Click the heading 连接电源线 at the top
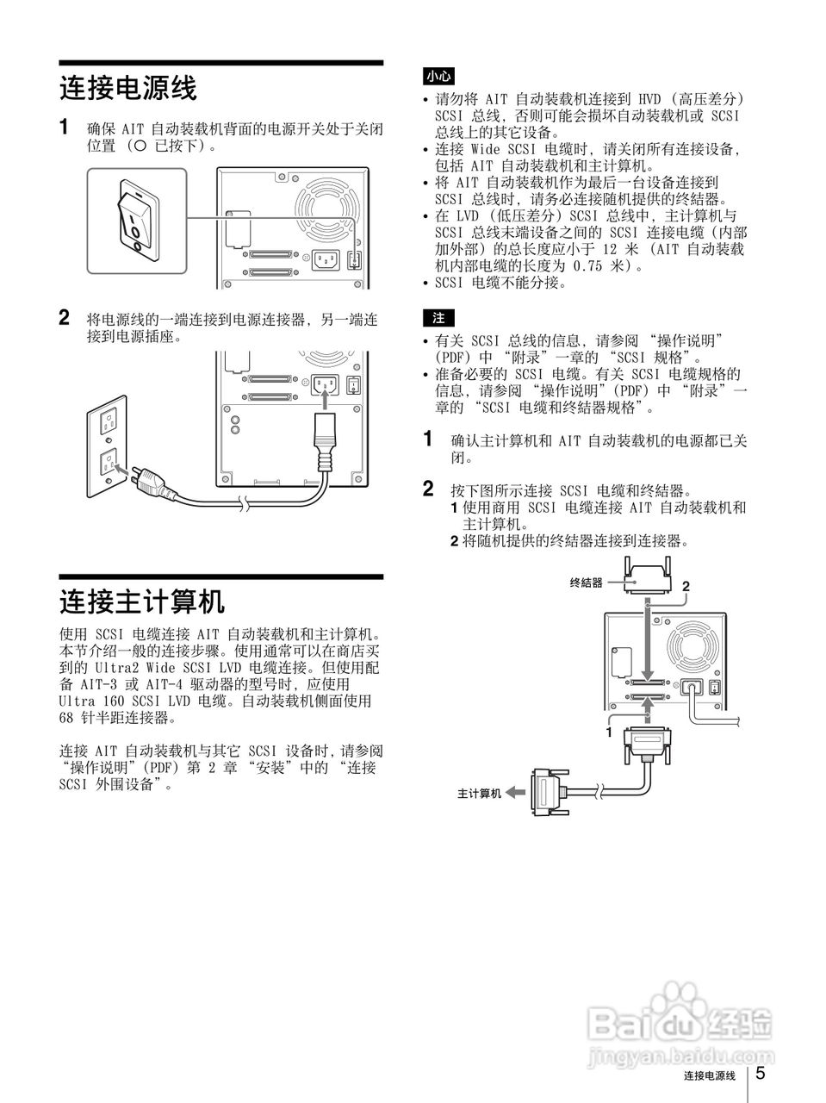[x=128, y=88]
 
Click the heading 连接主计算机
[x=141, y=601]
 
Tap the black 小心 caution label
[x=438, y=77]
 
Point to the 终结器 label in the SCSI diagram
[x=587, y=583]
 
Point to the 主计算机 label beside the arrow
[x=479, y=793]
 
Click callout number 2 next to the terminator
[x=686, y=587]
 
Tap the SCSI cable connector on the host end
[x=546, y=790]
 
